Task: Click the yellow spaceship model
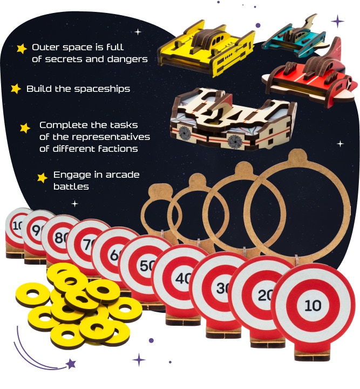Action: pos(206,49)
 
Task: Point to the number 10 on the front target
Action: pos(313,305)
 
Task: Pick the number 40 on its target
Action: pos(184,278)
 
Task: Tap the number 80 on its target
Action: pos(60,237)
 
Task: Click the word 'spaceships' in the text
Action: pos(103,89)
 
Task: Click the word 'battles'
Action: pos(71,186)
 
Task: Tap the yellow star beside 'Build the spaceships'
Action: pos(16,89)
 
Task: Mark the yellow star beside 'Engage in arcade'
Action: pos(42,178)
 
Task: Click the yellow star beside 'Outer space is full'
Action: pos(22,49)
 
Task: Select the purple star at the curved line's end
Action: pos(71,364)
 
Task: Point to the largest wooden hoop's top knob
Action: pos(297,156)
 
